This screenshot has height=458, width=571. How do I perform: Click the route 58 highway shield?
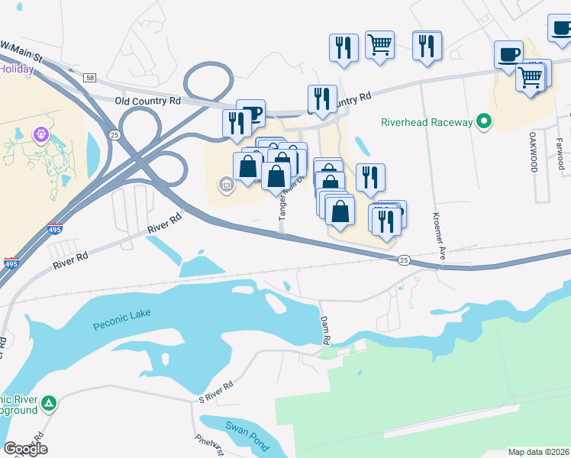[x=91, y=77]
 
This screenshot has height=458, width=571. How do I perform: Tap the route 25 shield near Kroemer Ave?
[x=402, y=261]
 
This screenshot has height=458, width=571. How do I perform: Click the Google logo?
[x=25, y=448]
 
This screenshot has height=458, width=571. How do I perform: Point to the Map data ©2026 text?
[x=538, y=452]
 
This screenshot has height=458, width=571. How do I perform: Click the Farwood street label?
[x=560, y=153]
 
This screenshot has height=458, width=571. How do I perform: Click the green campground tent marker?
[x=49, y=402]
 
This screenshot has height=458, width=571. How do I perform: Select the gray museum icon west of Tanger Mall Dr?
[x=226, y=184]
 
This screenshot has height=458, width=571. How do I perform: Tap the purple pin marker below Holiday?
[x=40, y=134]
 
